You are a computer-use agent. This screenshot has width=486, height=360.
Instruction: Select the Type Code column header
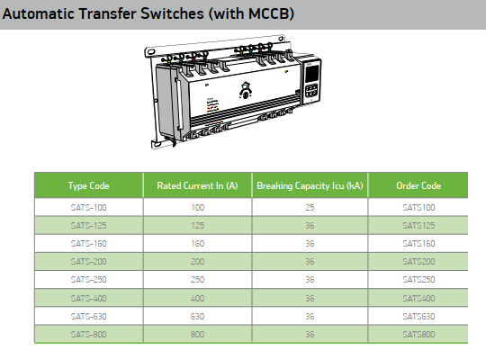[88, 185]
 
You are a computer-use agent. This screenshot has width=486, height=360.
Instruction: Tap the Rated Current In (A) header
[197, 185]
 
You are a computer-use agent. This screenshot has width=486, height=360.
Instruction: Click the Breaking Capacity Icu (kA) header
[310, 185]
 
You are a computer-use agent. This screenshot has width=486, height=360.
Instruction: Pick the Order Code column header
[418, 185]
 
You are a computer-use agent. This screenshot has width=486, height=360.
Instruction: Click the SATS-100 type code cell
[88, 207]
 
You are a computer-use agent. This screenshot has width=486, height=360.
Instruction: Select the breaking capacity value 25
[310, 207]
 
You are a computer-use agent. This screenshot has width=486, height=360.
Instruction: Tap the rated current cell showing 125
[198, 225]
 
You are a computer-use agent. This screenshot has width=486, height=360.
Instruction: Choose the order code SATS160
[418, 243]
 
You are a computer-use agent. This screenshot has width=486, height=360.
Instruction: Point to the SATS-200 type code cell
[88, 261]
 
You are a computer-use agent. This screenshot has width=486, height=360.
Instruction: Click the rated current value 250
[198, 280]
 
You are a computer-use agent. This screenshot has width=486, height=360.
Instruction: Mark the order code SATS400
[418, 298]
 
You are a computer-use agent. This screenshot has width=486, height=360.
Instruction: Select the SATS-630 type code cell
[88, 316]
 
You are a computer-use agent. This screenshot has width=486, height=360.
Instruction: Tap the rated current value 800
[198, 334]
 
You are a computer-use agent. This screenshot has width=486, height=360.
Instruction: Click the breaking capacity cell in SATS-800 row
[310, 334]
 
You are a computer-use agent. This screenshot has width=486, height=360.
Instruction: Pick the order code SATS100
[418, 207]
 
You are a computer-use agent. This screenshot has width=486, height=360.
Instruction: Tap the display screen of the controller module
[311, 74]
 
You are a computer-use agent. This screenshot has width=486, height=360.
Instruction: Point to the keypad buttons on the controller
[311, 91]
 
